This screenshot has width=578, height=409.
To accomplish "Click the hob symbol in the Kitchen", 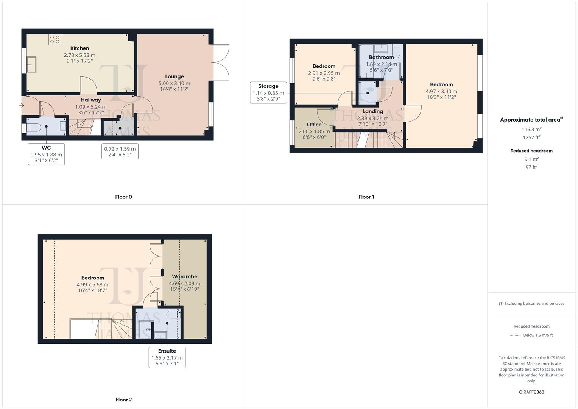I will click(x=55, y=40).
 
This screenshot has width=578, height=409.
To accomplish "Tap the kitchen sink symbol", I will click(x=31, y=64).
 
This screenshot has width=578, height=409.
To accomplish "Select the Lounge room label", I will click(x=174, y=76).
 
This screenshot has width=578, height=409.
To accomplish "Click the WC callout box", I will click(x=46, y=154).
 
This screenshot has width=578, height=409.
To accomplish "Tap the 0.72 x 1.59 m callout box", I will click(x=120, y=151).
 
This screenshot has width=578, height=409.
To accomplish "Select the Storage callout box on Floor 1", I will click(x=268, y=93).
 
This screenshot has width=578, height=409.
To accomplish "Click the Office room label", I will click(x=314, y=125).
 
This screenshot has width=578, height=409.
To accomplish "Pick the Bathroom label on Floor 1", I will click(x=381, y=58).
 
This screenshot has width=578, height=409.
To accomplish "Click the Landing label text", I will click(x=372, y=111).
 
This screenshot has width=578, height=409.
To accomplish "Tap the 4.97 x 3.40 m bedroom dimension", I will click(x=441, y=91).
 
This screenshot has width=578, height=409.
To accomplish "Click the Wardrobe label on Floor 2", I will click(x=184, y=276).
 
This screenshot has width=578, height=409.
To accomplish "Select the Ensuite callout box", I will click(x=167, y=357).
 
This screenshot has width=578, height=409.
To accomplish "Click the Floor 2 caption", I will click(x=124, y=400).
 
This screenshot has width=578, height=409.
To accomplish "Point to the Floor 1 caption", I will click(x=366, y=197).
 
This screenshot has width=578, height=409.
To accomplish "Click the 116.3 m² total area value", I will click(x=531, y=129).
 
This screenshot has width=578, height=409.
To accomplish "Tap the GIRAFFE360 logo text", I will click(x=531, y=392).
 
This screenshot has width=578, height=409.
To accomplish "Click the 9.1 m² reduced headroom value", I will click(x=531, y=159).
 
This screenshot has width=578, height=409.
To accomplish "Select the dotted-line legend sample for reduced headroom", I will click(x=515, y=335).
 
